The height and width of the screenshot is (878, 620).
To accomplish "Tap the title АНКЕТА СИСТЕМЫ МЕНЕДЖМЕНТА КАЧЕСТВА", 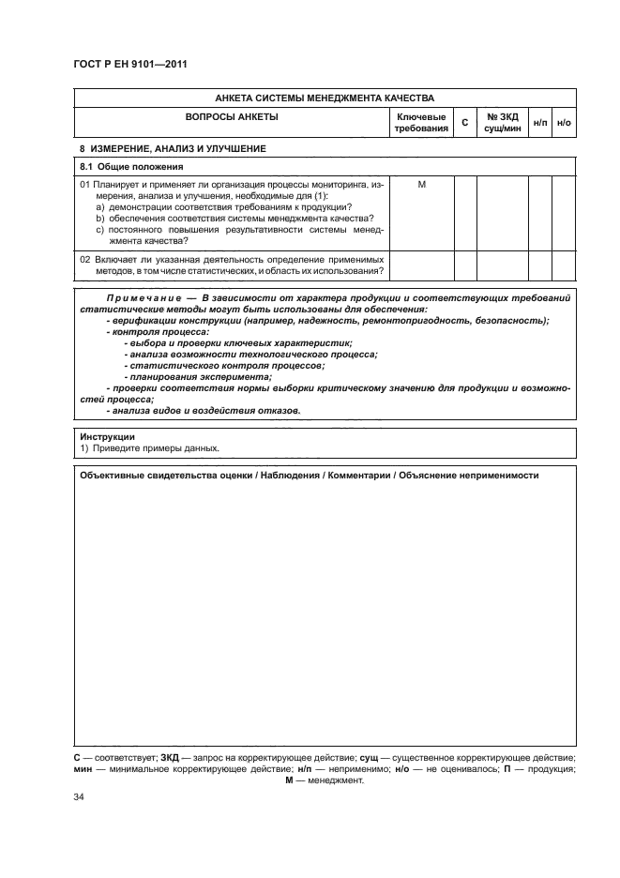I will [x=324, y=98].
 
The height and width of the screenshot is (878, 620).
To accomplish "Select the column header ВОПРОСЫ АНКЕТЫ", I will [x=233, y=117].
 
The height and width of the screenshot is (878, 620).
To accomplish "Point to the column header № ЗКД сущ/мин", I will [x=502, y=122].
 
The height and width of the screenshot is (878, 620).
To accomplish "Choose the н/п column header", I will [x=540, y=123].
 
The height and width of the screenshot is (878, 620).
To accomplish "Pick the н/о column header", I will [x=564, y=123].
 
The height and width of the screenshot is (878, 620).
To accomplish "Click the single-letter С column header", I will [x=465, y=123].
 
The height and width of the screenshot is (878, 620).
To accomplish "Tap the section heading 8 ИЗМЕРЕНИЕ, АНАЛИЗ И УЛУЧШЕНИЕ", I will [x=173, y=149].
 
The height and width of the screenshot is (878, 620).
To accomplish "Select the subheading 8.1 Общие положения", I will [x=129, y=166].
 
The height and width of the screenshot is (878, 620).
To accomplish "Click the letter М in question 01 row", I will [x=421, y=184].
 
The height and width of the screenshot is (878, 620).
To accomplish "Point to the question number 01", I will [x=84, y=184].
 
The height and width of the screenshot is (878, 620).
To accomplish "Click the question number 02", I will [x=84, y=256].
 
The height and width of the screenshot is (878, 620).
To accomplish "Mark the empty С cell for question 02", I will [x=465, y=264].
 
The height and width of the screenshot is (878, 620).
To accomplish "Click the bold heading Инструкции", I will [x=107, y=436].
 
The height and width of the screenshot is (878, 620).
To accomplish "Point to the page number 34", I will [x=79, y=796].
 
